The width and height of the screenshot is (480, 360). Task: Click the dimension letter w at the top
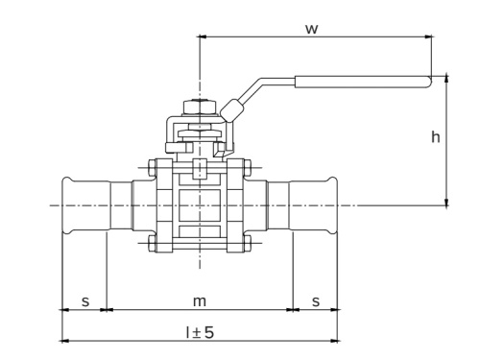(313, 28)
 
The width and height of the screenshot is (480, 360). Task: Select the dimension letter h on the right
(435, 137)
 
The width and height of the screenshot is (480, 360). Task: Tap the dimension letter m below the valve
(200, 300)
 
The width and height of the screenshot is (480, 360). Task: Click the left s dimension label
(84, 300)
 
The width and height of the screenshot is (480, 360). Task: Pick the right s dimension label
(315, 300)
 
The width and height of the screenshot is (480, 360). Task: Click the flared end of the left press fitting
(67, 204)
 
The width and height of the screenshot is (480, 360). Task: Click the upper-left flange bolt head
(153, 172)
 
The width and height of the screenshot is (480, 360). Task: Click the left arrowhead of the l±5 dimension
(64, 339)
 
